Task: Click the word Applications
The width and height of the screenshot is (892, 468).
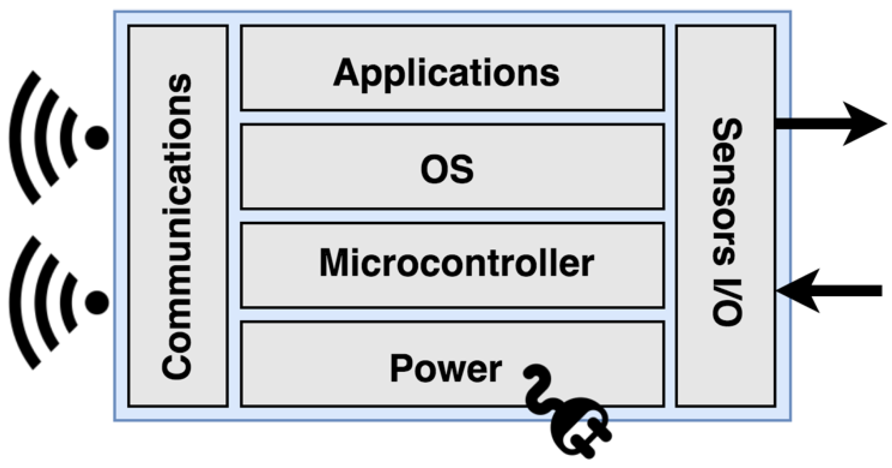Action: click(446, 74)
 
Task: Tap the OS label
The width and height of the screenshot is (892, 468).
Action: click(447, 170)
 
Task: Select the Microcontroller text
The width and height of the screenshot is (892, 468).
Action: click(456, 263)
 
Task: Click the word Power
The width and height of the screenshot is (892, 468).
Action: click(445, 369)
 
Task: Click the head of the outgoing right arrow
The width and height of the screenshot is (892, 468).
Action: click(862, 124)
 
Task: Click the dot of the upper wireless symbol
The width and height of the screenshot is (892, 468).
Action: click(97, 138)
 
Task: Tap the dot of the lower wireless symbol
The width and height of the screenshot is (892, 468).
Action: click(97, 302)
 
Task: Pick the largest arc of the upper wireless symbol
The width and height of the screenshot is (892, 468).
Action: click(20, 138)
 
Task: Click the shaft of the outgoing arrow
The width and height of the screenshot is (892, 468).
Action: click(809, 124)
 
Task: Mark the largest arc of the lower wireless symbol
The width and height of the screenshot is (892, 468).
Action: click(20, 302)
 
